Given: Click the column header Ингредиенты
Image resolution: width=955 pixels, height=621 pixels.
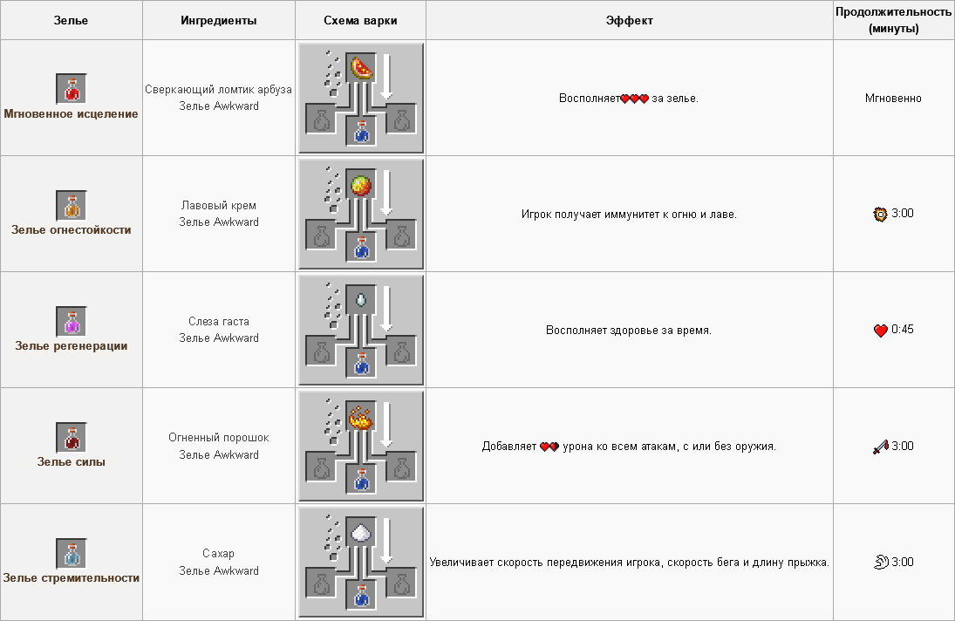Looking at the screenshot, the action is coord(219,21).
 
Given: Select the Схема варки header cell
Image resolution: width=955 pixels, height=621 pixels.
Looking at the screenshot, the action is coord(360,20).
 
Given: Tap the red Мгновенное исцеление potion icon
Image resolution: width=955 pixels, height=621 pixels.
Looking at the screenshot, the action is coord(72,89).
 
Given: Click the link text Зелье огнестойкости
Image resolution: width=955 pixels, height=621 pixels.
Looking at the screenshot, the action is coord(72,230).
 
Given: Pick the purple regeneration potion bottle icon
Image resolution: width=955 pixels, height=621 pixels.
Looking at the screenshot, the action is coord(72,322).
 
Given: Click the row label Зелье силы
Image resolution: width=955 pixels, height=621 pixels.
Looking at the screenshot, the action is coord(72,462).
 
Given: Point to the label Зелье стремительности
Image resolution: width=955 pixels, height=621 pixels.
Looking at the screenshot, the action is coord(72,578).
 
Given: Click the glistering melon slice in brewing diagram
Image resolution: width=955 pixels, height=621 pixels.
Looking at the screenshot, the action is coord(360,68).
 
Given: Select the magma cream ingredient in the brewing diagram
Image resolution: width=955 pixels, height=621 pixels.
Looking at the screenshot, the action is coord(360,185).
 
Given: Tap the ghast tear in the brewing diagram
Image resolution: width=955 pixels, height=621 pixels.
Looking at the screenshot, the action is coord(360,300).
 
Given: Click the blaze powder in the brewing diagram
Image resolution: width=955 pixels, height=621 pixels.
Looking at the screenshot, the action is coord(360,417).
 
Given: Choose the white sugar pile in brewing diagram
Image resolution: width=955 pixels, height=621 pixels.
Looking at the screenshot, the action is coord(360,533).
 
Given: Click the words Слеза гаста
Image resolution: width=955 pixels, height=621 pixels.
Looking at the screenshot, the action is coord(219,322).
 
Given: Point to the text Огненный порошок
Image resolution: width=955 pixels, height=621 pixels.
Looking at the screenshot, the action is coord(219,438).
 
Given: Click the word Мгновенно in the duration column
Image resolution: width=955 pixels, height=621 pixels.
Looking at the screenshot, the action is coord(893,99).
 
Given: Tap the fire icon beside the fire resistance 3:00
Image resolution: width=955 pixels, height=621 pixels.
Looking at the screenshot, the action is coord(880,214).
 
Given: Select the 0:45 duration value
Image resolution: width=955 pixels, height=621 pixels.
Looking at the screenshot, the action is coord(903,330).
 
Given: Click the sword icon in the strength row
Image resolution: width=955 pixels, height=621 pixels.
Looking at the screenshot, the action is coord(881,447).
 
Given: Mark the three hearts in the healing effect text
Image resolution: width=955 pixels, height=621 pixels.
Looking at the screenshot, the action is coord(635,99).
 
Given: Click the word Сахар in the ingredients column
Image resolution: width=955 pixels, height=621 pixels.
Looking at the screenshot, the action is coord(219,554).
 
